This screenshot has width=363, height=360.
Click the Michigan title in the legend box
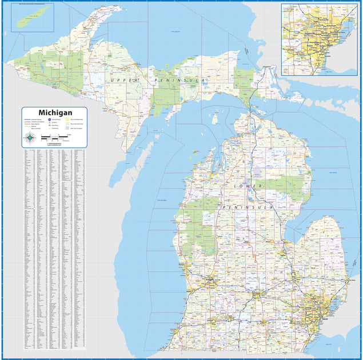click(x=54, y=113)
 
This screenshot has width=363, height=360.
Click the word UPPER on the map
click(x=125, y=81)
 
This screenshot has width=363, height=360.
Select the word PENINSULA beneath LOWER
click(x=249, y=206)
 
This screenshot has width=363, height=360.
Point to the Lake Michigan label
click(x=162, y=200)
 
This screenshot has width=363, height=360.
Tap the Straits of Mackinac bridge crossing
click(x=249, y=109)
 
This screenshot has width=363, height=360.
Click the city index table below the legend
click(x=54, y=249)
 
